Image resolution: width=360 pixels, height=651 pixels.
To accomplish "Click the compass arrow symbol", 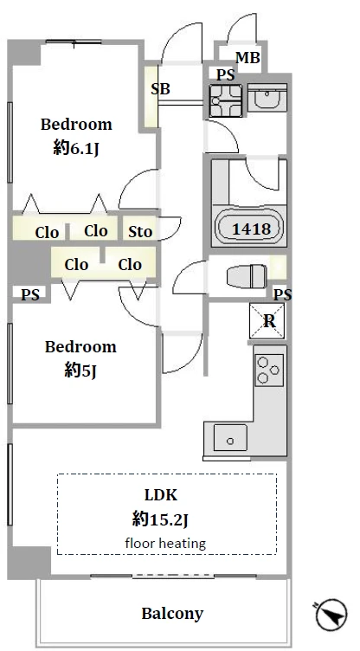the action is point(331,614).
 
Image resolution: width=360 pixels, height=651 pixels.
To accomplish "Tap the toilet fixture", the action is point(247,275).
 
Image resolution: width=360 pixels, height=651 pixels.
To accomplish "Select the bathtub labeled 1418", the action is point(250,229).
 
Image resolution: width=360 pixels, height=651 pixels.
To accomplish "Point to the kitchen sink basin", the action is point(230,437).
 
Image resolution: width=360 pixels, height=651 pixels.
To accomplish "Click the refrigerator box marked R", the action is point(267,320).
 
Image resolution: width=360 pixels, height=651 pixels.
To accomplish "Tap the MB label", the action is point(247,58).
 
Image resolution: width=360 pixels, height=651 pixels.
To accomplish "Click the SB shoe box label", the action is point(160,89).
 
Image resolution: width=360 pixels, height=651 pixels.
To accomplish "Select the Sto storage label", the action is point(140,231).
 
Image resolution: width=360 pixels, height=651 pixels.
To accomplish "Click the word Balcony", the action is point(172,613).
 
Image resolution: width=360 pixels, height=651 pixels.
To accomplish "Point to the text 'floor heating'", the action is point(165,543).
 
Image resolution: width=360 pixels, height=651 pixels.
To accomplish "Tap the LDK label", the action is point(161,495).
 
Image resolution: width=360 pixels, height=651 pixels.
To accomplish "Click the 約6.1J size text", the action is point(76,148).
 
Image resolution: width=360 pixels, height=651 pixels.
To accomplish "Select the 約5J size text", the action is point(80,371).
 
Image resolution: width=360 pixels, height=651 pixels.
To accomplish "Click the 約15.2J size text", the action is point(161,519).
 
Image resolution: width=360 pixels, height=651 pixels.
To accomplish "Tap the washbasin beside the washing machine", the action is point(267,97).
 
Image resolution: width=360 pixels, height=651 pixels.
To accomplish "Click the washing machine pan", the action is point(226,100).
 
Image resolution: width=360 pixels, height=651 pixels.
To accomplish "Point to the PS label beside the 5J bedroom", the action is point(30,295).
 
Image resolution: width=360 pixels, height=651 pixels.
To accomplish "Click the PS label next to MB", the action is point(226,74).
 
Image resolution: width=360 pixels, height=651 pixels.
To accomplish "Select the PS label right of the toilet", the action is point(283,294).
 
